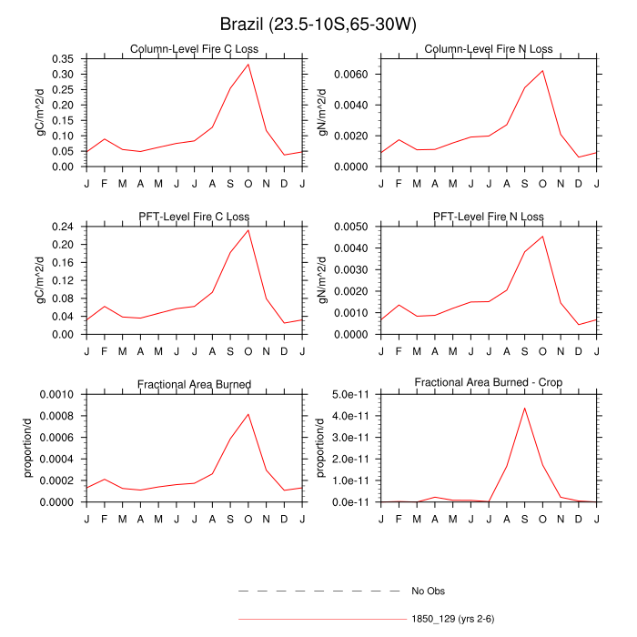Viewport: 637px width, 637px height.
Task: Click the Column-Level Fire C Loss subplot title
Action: [x=195, y=49]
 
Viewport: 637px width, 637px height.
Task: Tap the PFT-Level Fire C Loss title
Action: [x=195, y=217]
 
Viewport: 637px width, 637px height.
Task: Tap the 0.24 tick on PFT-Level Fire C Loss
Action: [x=65, y=227]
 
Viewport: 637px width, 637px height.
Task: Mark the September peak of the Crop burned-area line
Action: [x=525, y=408]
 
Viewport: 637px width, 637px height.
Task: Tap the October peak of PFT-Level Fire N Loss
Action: [x=543, y=237]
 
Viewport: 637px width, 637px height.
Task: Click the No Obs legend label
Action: [x=429, y=591]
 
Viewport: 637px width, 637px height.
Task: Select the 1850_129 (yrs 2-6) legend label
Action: [x=453, y=620]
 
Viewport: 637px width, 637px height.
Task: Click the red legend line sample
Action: [x=319, y=620]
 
